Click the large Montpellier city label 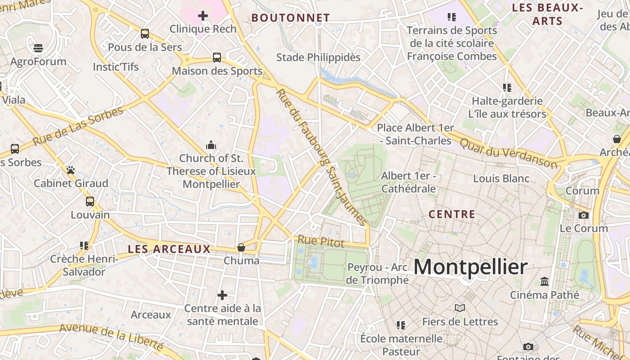470,267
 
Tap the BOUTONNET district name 290,18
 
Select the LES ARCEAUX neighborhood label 169,249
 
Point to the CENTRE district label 452,214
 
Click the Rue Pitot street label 321,241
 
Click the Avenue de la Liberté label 111,337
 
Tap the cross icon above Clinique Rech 203,16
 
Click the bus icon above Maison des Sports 217,58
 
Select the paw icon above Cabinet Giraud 71,170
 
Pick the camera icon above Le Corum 584,215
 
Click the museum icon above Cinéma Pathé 544,282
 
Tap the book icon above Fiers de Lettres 459,308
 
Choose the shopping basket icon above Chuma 241,247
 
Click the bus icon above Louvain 90,201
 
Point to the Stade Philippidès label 318,57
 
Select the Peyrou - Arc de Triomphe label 378,274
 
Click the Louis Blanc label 501,178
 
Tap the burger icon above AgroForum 38,48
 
